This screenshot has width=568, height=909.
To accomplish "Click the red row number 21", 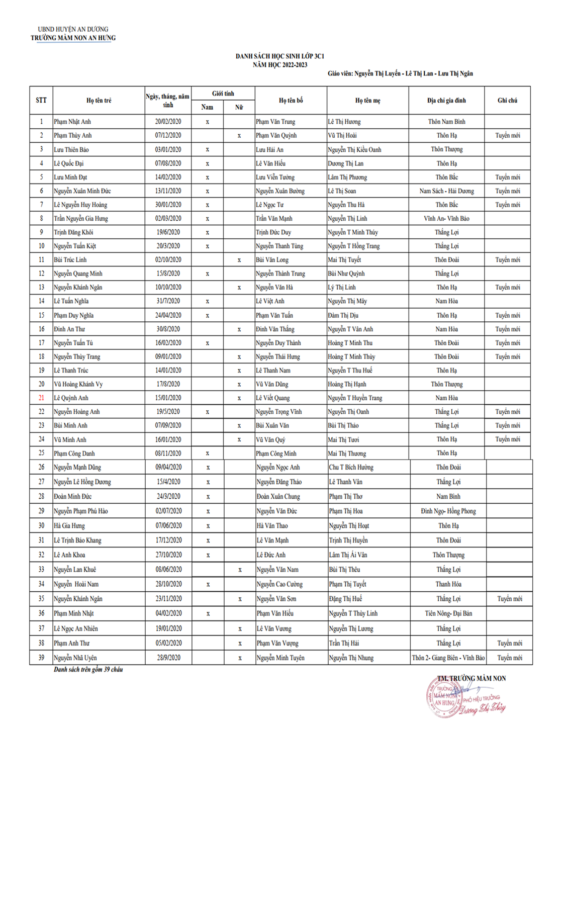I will tap(41, 398).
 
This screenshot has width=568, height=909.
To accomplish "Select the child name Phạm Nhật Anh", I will tap(72, 122).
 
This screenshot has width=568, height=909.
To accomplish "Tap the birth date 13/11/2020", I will tap(168, 191).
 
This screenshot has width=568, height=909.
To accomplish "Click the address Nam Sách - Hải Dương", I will tap(446, 191).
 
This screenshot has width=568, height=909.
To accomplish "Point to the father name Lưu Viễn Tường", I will tap(275, 177).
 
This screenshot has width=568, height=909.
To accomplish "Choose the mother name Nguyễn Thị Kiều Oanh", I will tap(354, 149).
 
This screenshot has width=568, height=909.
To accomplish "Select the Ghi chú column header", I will tap(507, 101).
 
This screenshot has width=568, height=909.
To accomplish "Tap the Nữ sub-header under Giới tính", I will tap(239, 107).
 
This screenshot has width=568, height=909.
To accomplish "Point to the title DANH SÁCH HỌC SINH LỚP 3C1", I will tap(279, 56).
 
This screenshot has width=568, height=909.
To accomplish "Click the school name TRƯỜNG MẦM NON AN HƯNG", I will tap(73, 38).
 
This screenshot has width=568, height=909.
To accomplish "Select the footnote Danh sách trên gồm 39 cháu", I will tap(88, 670).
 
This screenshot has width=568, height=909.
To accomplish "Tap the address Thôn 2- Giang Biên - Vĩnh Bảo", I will tap(448, 658).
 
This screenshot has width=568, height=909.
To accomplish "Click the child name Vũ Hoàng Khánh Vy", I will tap(78, 384).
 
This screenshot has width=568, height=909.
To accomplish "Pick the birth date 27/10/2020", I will tap(168, 555).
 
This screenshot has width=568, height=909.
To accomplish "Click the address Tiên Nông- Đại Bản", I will tap(448, 613).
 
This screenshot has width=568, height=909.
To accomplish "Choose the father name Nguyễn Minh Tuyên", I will tap(280, 658).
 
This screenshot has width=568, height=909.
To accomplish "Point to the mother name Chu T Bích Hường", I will tap(351, 467).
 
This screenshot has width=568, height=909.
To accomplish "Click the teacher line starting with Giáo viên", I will tap(400, 73).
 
